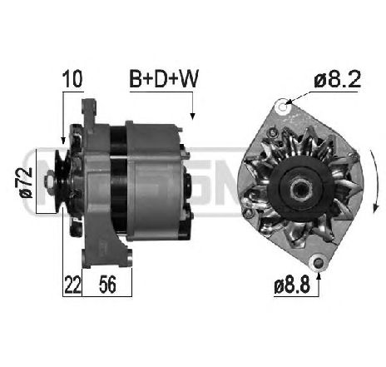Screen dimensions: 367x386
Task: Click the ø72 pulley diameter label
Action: [x=24, y=181]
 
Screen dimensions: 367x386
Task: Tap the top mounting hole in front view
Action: [x=284, y=105]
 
